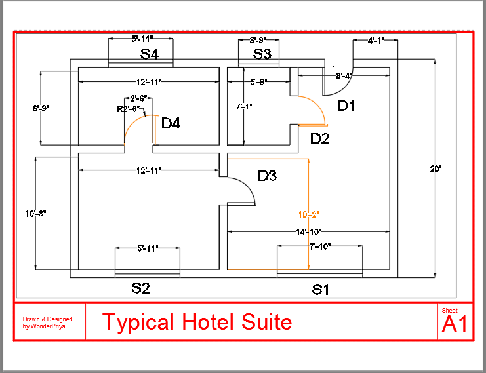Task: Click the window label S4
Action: coord(150,54)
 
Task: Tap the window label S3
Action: coord(262,54)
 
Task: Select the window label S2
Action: coord(142,288)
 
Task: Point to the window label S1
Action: coord(320,289)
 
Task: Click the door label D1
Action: coord(346,105)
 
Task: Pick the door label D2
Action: coord(320,138)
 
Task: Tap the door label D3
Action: coord(267,176)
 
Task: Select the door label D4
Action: coord(171,123)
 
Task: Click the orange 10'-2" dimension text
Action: coord(309,214)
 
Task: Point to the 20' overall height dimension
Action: coord(435,168)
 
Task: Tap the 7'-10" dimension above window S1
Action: coord(320,246)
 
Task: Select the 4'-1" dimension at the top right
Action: coord(376,41)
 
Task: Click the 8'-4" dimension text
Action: coord(344,75)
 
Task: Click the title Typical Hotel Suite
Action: coord(197,322)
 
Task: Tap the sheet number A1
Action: coord(455,324)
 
